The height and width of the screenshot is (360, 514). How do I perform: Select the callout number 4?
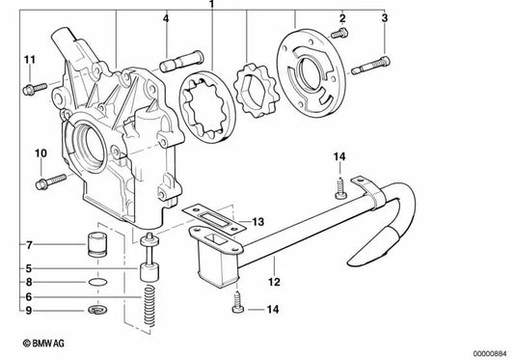(x=166, y=19)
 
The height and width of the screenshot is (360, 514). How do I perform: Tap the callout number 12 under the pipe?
(x=275, y=285)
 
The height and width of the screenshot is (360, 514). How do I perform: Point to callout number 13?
(x=257, y=223)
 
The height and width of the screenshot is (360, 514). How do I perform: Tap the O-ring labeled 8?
(x=95, y=284)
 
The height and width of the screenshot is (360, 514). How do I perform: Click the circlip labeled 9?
(x=95, y=310)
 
